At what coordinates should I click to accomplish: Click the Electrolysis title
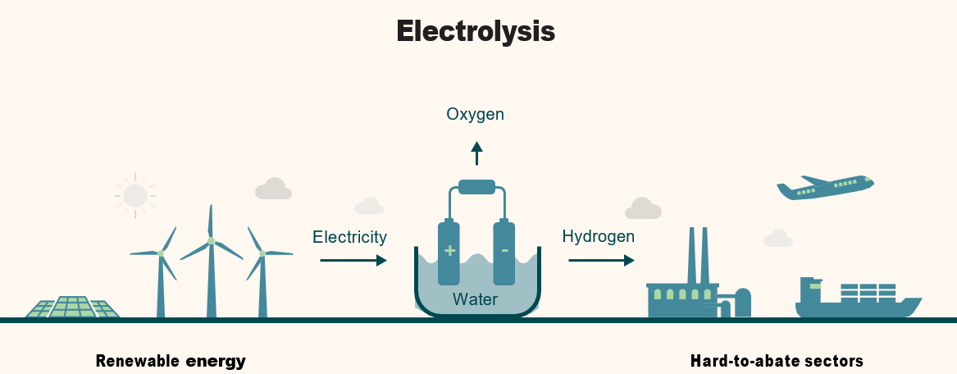(x=476, y=31)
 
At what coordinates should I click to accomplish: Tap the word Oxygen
(x=475, y=114)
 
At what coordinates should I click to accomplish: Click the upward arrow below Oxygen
(x=476, y=153)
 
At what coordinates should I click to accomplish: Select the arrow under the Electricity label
(x=353, y=260)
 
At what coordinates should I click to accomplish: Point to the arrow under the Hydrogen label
(x=601, y=260)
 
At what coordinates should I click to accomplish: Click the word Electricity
(x=349, y=237)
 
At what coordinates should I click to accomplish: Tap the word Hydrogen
(x=598, y=237)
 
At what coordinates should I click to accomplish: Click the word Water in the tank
(x=475, y=299)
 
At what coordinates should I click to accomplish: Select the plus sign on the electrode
(x=449, y=250)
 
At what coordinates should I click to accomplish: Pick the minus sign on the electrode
(x=504, y=250)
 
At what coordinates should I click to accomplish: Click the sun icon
(x=134, y=195)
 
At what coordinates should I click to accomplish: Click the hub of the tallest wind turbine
(x=211, y=241)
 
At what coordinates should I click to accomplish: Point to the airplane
(x=824, y=188)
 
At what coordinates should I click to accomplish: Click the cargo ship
(x=857, y=300)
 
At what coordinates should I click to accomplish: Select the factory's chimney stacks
(x=699, y=254)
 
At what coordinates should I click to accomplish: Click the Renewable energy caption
(x=171, y=361)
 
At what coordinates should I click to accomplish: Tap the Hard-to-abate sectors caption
(x=777, y=361)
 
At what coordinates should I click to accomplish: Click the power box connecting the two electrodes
(x=476, y=187)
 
